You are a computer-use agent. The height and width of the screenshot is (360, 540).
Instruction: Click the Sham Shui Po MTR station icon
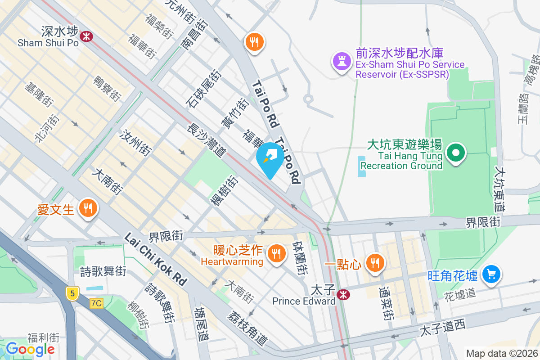click(x=85, y=36)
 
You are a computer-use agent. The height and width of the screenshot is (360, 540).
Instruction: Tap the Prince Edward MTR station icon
click(x=344, y=295)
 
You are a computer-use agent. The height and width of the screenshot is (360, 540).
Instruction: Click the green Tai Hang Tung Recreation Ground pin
click(x=456, y=153)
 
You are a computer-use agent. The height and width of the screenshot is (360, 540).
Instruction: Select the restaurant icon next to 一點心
click(x=374, y=262)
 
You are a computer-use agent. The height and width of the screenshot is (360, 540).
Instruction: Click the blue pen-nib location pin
click(x=270, y=157)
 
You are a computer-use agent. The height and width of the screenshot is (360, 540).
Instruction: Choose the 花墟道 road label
click(x=459, y=294)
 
